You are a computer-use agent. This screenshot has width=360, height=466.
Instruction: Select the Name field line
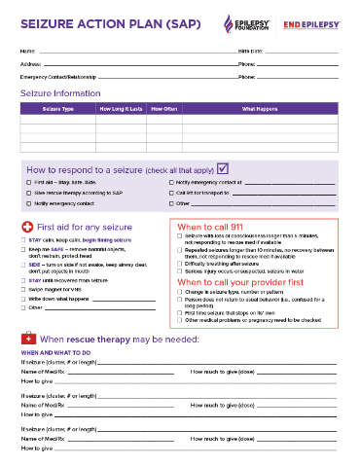coord(136,51)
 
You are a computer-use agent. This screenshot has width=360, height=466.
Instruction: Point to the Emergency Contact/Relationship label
coord(55,76)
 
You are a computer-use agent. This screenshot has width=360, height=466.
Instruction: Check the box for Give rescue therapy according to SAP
coord(28,193)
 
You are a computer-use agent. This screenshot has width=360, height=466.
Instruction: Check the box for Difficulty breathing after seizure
coord(180,263)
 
